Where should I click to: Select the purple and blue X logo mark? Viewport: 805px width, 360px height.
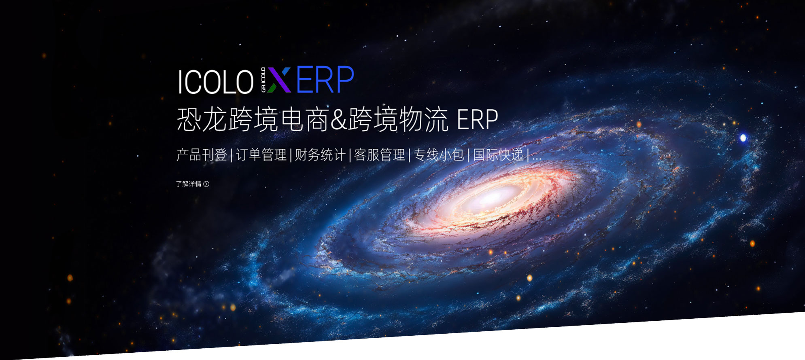pyautogui.click(x=279, y=80)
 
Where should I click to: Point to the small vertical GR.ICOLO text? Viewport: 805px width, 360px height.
pyautogui.click(x=263, y=80)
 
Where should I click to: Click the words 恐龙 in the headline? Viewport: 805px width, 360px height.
pyautogui.click(x=202, y=120)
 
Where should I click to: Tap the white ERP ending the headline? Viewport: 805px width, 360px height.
pyautogui.click(x=477, y=120)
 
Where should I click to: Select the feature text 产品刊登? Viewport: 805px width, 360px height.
pyautogui.click(x=202, y=155)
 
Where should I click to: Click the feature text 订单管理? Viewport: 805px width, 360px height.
pyautogui.click(x=261, y=155)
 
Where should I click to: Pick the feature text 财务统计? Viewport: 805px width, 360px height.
pyautogui.click(x=320, y=155)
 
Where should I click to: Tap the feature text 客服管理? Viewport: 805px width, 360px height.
pyautogui.click(x=380, y=155)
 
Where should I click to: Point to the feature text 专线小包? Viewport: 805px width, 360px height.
pyautogui.click(x=439, y=155)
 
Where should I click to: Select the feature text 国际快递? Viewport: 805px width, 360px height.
pyautogui.click(x=498, y=155)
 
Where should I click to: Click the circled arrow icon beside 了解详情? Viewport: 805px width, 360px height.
pyautogui.click(x=206, y=184)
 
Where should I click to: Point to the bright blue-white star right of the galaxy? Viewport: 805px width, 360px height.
pyautogui.click(x=743, y=138)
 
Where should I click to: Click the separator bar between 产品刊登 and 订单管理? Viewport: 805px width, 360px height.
pyautogui.click(x=232, y=155)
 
